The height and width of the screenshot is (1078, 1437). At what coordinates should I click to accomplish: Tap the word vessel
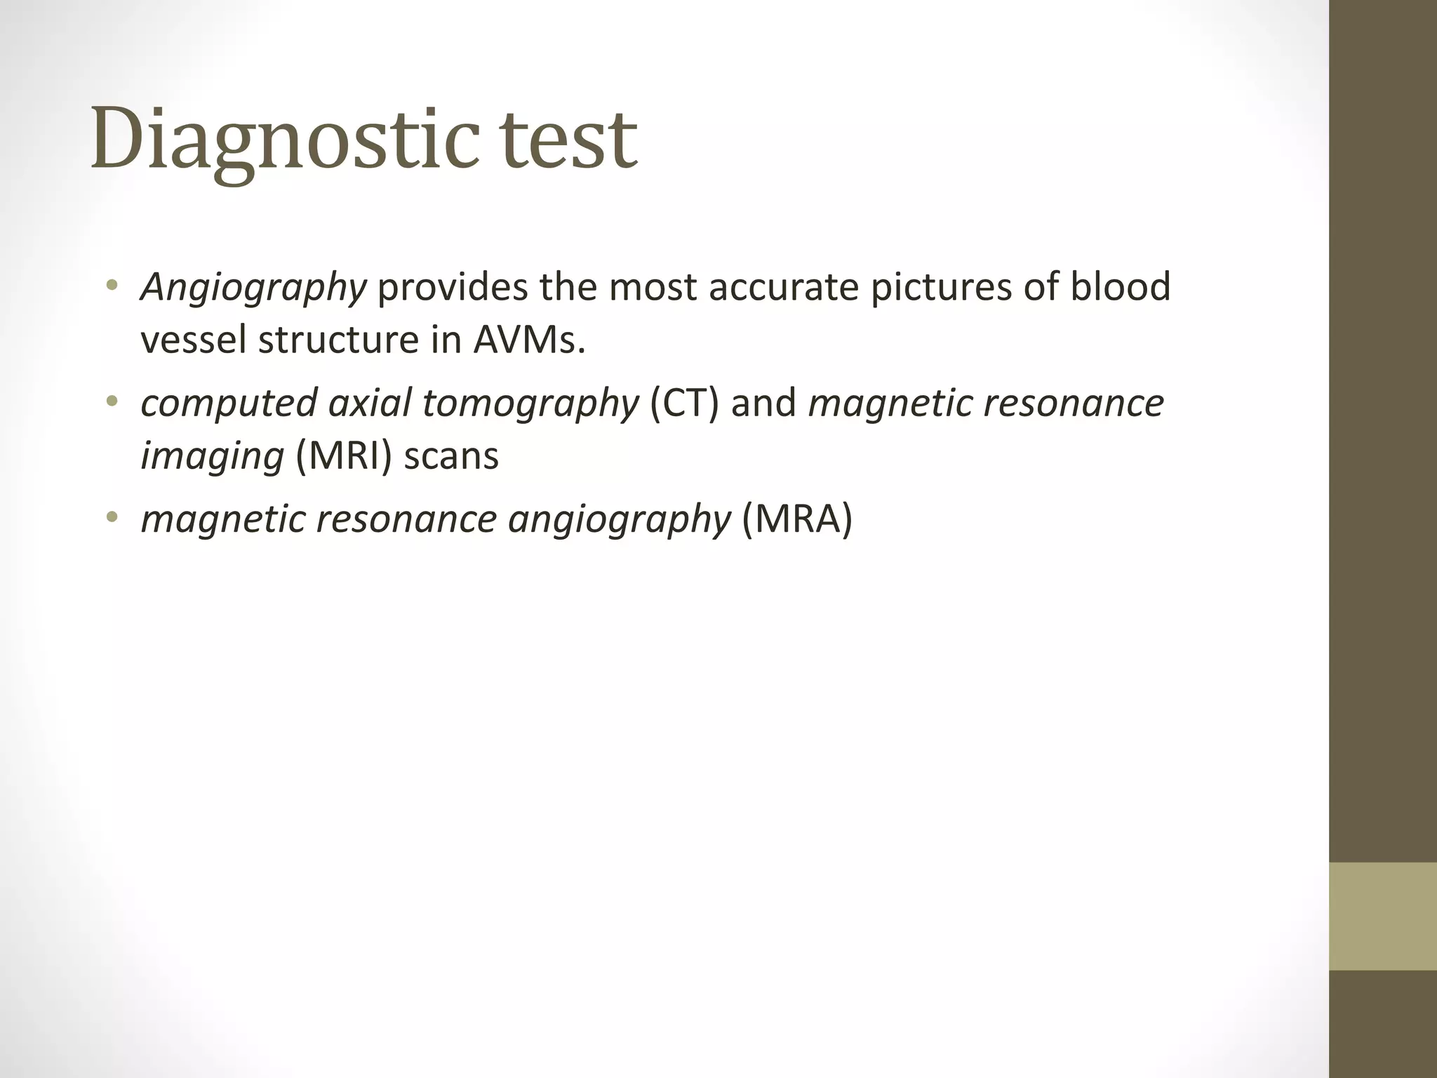193,340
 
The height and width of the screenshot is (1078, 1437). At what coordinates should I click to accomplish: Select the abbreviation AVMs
528,340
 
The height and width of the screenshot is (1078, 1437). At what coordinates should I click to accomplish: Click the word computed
229,404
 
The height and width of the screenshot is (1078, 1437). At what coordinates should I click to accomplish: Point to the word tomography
530,404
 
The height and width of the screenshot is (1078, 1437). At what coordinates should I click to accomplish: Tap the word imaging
212,456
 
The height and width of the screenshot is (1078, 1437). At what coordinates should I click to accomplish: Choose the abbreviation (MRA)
796,519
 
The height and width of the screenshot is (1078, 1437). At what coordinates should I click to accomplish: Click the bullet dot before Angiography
111,286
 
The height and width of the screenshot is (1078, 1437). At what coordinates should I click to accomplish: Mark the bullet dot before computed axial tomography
111,402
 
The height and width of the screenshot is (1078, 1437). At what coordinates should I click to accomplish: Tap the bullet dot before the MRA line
111,518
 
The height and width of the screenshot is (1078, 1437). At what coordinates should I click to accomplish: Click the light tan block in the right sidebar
1383,916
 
